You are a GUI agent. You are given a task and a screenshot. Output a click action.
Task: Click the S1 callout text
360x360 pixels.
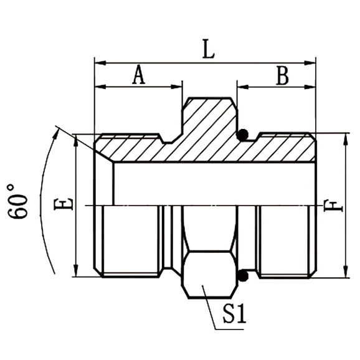(x=235, y=313)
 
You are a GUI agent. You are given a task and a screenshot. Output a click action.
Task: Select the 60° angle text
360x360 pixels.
(x=20, y=201)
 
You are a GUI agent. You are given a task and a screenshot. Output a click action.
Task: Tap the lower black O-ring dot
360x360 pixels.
(x=244, y=275)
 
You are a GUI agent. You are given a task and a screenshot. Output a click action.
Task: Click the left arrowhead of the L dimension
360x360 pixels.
(x=98, y=62)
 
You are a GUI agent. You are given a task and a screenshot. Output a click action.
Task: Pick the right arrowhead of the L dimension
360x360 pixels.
(x=312, y=62)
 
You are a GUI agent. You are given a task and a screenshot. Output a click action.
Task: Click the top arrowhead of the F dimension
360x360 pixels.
(x=344, y=138)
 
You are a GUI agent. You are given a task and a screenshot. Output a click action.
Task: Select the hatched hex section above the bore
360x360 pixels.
(x=208, y=125)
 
